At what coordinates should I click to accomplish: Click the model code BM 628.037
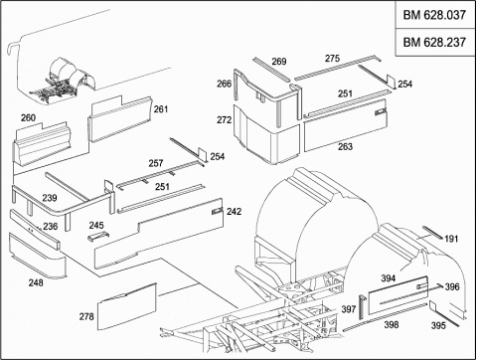434,15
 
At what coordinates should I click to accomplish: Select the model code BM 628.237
434,42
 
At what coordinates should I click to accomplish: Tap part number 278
86,316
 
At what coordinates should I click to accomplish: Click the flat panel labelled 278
127,306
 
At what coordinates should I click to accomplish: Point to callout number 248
36,282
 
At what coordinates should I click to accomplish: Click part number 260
28,117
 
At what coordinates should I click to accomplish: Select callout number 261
161,109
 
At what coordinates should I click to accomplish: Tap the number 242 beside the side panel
234,211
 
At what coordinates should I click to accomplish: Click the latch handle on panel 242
217,211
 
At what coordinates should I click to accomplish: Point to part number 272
224,119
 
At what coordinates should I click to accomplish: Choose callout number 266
224,84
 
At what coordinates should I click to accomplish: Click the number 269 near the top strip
279,62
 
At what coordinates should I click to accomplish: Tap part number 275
332,59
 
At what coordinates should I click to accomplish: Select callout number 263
345,146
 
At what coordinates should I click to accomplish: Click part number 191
451,239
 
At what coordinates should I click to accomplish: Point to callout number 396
452,286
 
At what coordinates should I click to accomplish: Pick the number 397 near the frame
349,309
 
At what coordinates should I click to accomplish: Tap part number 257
156,163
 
